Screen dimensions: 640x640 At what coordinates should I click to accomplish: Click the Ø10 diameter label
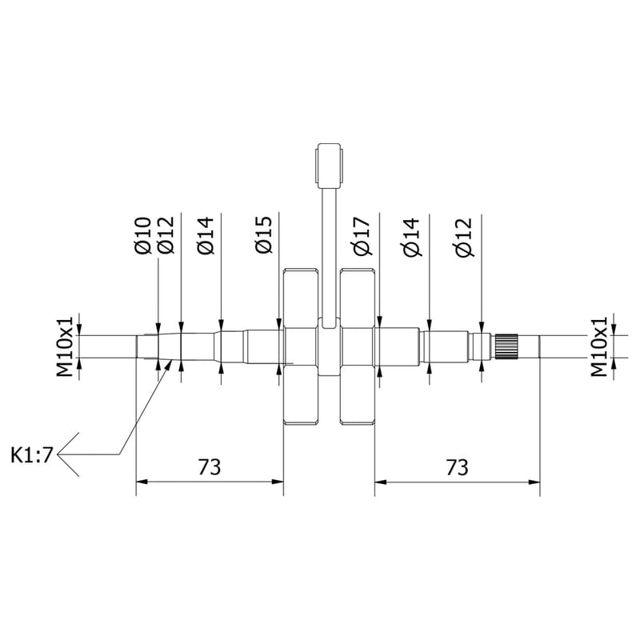(x=143, y=235)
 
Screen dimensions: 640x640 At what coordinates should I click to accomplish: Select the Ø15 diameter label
(x=264, y=234)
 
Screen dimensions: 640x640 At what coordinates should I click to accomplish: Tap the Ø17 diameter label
(x=363, y=236)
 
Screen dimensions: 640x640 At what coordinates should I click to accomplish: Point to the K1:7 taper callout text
(x=32, y=454)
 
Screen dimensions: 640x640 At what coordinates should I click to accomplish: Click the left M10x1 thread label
(x=65, y=346)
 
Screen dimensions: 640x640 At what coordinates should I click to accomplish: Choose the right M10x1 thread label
(x=598, y=346)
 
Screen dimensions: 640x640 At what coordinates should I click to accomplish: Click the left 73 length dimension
(x=210, y=467)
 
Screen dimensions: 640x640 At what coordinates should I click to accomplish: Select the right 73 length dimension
(x=457, y=467)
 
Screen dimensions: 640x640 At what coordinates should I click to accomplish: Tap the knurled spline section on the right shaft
(x=506, y=346)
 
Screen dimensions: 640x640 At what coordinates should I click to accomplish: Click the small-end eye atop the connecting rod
(x=329, y=166)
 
